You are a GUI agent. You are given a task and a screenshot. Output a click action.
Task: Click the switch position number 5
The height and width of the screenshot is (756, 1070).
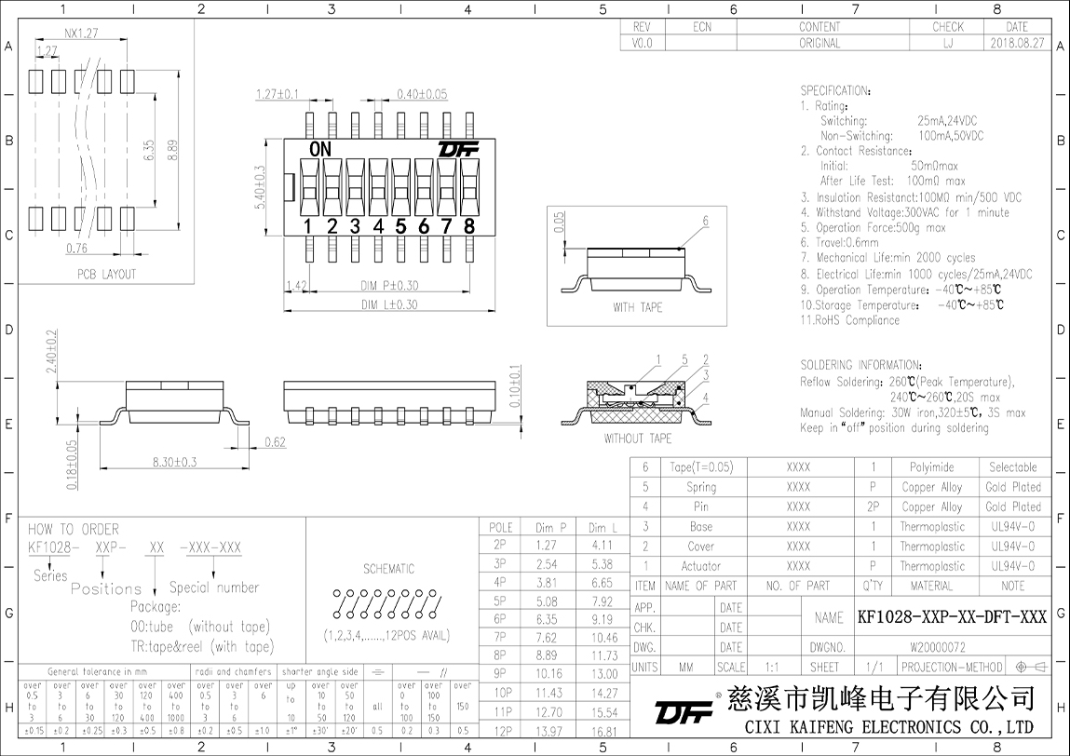pos(401,225)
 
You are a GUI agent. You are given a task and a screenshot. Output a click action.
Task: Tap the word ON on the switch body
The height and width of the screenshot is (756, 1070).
pos(320,149)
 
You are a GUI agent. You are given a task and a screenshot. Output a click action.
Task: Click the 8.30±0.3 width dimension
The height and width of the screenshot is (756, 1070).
pos(175,462)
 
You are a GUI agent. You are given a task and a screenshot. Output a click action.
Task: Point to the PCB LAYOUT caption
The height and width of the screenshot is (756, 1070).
pos(106,275)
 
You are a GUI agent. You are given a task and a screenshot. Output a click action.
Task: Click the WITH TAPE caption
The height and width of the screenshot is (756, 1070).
pos(638,307)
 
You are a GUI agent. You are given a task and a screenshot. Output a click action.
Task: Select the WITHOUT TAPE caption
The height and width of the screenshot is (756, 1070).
pos(638,439)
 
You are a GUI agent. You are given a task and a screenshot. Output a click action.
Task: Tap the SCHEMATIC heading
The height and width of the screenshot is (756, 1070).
pos(388,569)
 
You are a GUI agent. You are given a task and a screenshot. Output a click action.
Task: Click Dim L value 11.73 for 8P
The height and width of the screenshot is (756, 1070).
pos(603,656)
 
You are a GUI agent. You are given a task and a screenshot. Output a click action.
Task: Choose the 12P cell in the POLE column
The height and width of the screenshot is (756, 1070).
pos(504,731)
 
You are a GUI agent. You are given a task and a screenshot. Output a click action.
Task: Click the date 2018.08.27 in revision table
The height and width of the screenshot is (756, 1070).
pos(1017,43)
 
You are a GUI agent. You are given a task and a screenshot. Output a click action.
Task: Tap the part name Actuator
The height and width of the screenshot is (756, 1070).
pos(701,566)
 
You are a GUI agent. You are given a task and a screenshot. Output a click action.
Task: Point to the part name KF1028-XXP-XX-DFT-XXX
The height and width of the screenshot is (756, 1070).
pos(952,617)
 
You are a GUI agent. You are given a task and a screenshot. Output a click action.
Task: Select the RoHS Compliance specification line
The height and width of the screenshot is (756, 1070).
pos(849,320)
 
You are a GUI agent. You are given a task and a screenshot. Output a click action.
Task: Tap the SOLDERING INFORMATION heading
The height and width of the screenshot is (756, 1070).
pos(861,365)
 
